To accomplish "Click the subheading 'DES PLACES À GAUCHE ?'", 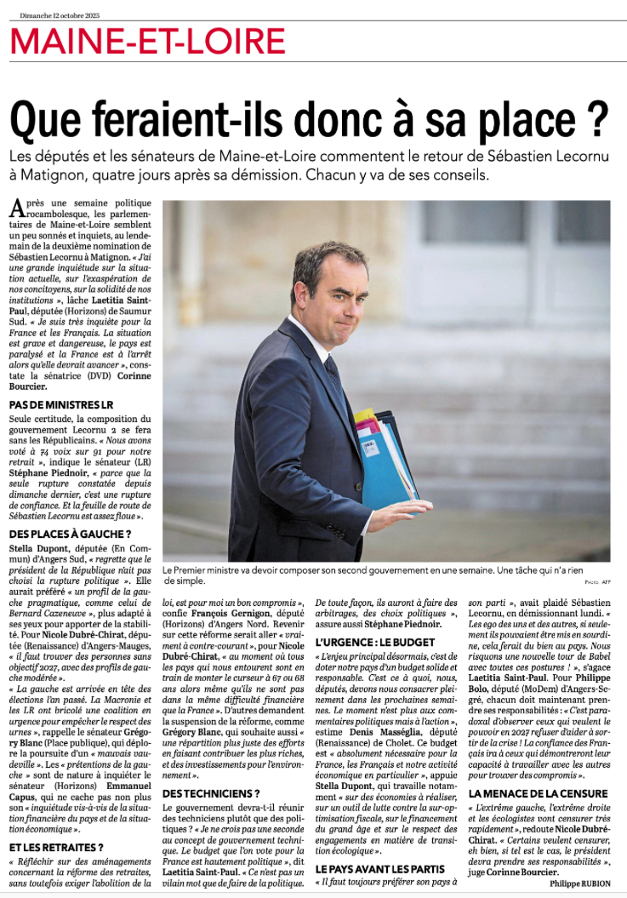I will [70, 534].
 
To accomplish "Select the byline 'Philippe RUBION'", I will [579, 884].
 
